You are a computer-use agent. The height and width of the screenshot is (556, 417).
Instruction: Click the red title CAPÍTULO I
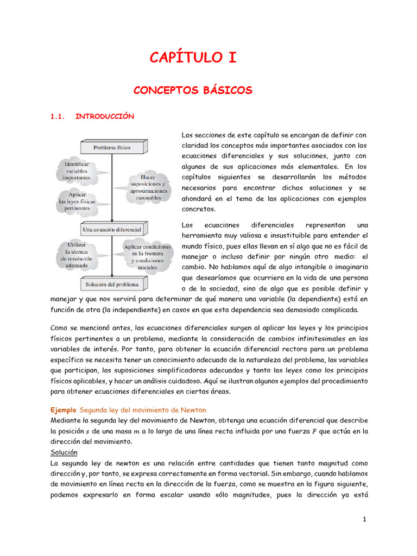click(x=193, y=58)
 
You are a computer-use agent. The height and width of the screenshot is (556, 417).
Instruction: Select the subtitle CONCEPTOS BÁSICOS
click(x=193, y=90)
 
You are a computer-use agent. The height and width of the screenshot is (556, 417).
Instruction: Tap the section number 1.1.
click(x=58, y=116)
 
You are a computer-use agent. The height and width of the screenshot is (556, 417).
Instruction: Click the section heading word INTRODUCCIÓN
click(x=104, y=116)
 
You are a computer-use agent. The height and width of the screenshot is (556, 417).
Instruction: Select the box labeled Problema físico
click(x=112, y=147)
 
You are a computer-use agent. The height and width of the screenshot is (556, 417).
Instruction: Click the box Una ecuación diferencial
click(x=112, y=230)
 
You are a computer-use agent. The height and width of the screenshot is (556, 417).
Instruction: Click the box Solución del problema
click(x=112, y=284)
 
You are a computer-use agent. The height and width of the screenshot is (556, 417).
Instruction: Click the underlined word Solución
click(x=64, y=452)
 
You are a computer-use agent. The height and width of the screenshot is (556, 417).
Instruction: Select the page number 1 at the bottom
click(x=365, y=520)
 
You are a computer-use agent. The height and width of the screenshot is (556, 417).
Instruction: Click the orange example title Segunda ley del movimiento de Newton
click(x=143, y=409)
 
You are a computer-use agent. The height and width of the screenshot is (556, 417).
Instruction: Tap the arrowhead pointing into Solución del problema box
click(x=112, y=276)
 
